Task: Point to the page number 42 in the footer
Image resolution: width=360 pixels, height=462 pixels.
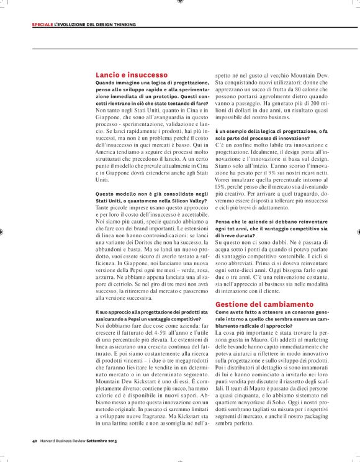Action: [x=35, y=442]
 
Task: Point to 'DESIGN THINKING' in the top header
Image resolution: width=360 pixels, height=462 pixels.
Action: [x=116, y=25]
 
